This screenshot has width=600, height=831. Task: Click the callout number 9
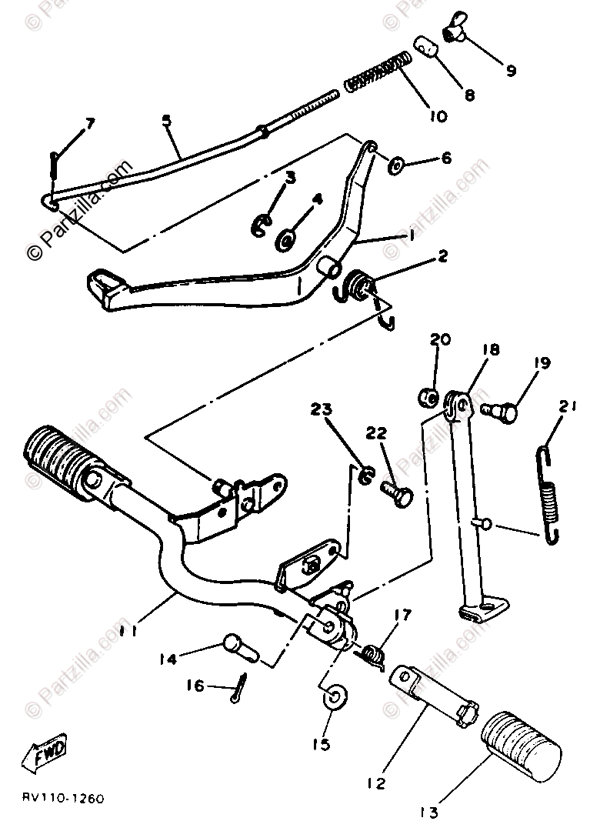(510, 71)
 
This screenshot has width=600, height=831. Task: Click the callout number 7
(90, 123)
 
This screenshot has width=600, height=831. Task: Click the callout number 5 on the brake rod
(167, 121)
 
